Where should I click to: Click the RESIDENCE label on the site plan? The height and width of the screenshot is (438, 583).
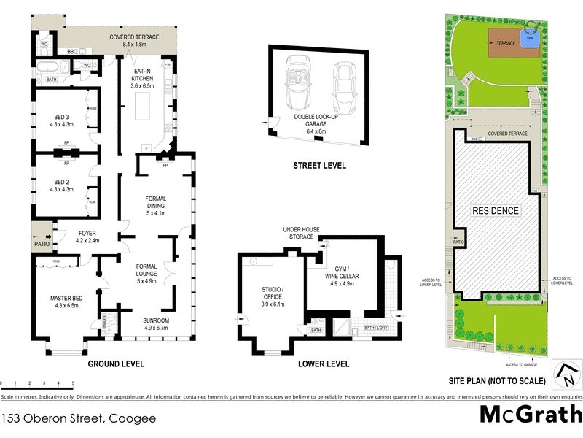click(x=496, y=211)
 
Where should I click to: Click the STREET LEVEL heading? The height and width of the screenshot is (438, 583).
click(x=319, y=166)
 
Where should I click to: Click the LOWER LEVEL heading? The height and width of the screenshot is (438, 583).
click(x=324, y=364)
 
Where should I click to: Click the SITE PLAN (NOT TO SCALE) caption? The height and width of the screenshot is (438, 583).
click(x=496, y=381)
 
